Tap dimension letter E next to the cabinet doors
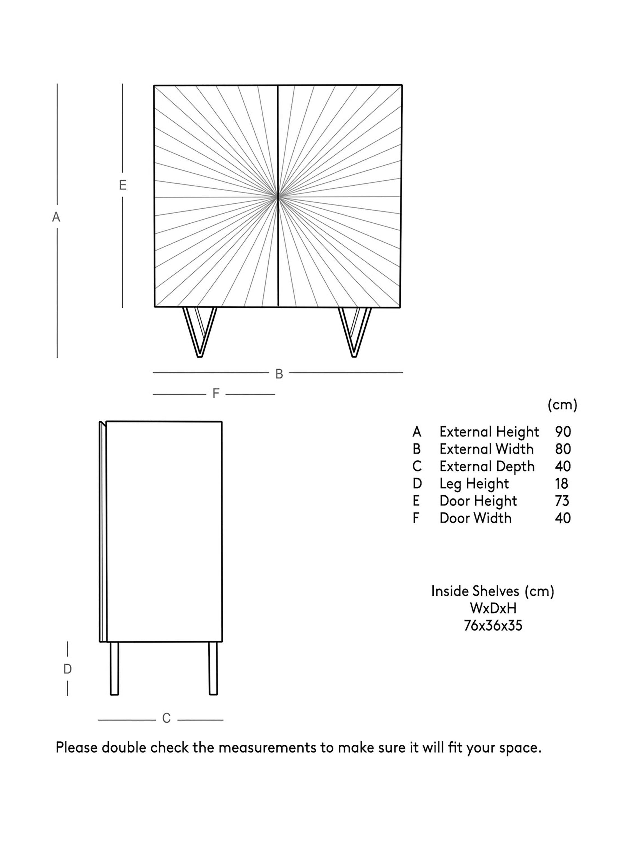point(123,185)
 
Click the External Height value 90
point(563,432)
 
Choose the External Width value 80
point(563,449)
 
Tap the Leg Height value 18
point(561,484)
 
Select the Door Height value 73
point(562,501)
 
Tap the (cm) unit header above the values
point(562,405)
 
